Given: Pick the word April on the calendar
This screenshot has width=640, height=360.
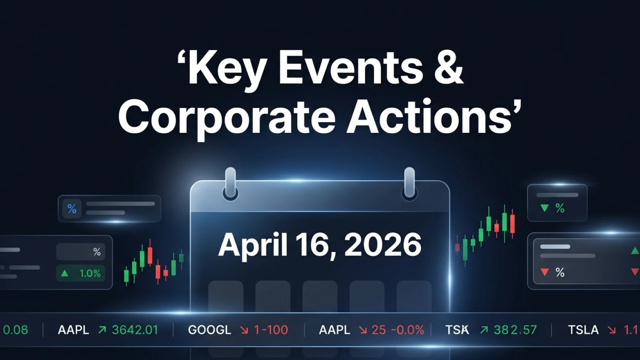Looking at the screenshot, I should pyautogui.click(x=252, y=244).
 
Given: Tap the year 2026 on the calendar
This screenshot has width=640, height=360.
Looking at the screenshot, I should pyautogui.click(x=383, y=244).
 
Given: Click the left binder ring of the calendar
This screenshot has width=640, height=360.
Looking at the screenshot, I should pyautogui.click(x=230, y=184).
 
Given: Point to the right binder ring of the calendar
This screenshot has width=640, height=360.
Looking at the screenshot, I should pyautogui.click(x=409, y=184).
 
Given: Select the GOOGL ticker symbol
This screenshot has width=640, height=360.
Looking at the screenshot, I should pyautogui.click(x=210, y=330).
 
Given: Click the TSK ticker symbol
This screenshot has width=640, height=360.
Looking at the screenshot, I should pyautogui.click(x=457, y=330).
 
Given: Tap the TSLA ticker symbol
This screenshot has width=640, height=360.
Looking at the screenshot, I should pyautogui.click(x=583, y=330).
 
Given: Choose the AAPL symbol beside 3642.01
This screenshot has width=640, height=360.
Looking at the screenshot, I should pyautogui.click(x=74, y=330).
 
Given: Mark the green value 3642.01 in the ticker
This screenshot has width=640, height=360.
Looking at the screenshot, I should pyautogui.click(x=135, y=330).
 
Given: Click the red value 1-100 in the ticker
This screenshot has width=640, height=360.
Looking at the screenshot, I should pyautogui.click(x=271, y=330).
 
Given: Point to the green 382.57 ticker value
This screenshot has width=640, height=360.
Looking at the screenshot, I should pyautogui.click(x=515, y=330).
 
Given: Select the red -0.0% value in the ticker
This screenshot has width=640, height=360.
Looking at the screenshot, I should pyautogui.click(x=407, y=330).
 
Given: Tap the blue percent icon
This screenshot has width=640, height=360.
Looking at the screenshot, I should pyautogui.click(x=72, y=209).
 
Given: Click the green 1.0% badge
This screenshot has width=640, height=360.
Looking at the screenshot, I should pyautogui.click(x=82, y=274).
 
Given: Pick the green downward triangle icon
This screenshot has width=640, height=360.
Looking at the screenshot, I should pyautogui.click(x=544, y=208).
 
